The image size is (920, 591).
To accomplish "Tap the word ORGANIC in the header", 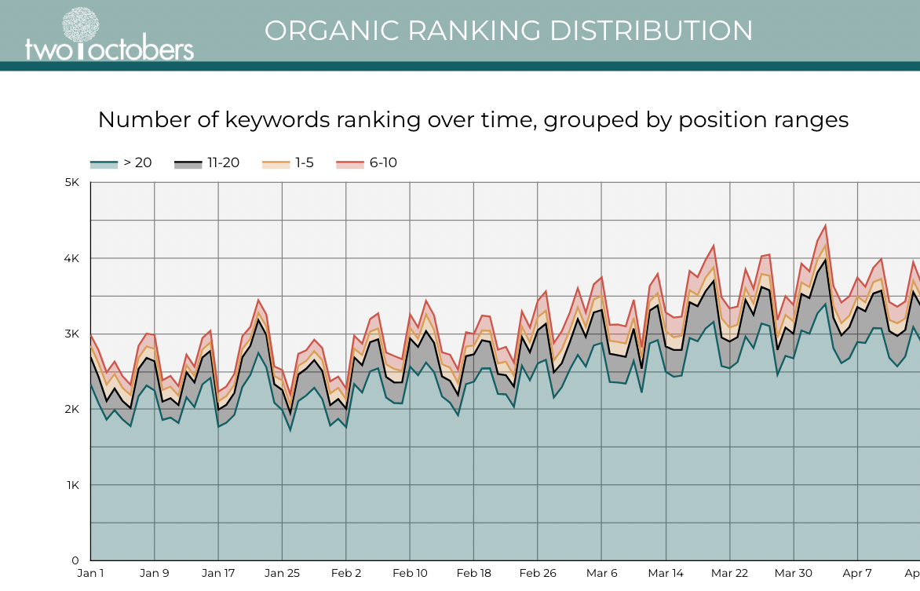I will (322, 31).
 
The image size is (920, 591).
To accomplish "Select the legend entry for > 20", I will (122, 163).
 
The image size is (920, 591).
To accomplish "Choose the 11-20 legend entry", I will (206, 163).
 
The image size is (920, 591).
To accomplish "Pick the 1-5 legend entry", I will (290, 163).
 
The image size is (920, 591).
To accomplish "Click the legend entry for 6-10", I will (367, 163).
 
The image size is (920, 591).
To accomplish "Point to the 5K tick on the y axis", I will (72, 182).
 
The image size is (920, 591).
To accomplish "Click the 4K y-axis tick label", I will (72, 258).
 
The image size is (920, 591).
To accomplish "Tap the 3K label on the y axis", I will (72, 334).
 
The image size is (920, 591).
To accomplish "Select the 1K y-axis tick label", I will (72, 485).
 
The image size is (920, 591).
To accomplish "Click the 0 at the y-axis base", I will (76, 560).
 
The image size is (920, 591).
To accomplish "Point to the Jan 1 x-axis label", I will (90, 574).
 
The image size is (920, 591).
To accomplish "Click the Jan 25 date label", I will (282, 574).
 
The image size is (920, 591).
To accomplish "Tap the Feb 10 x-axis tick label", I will (411, 574).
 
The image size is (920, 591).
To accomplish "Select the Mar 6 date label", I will (602, 574).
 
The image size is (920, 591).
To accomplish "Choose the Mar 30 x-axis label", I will (794, 574).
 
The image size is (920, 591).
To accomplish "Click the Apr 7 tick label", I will (857, 574).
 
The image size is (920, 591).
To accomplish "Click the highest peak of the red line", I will (825, 226).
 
